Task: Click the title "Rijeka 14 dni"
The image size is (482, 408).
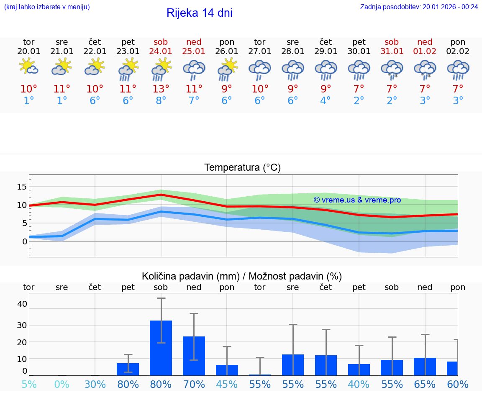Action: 199,13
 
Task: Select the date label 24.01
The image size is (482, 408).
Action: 161,51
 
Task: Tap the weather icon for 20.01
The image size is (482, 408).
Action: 29,67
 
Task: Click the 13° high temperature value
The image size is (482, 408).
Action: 161,89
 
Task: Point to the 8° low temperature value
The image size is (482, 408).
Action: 161,101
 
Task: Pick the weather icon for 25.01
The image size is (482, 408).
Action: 194,69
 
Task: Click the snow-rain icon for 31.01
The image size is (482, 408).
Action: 392,69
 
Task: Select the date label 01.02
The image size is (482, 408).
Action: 425,51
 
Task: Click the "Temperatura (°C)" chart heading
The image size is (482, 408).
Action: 242,167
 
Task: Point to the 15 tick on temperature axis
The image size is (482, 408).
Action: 22,187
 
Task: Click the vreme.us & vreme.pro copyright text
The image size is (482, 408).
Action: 357,200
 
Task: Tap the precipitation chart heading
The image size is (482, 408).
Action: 242,276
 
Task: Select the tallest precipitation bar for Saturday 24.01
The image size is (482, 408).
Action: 161,347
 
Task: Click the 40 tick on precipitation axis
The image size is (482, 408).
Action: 22,304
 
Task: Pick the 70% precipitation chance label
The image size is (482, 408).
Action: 194,384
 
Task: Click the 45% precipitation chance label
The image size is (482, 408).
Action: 227,384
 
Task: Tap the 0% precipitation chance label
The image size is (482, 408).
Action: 62,384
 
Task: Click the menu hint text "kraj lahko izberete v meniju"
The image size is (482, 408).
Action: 47,7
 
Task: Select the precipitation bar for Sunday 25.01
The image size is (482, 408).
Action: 194,356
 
